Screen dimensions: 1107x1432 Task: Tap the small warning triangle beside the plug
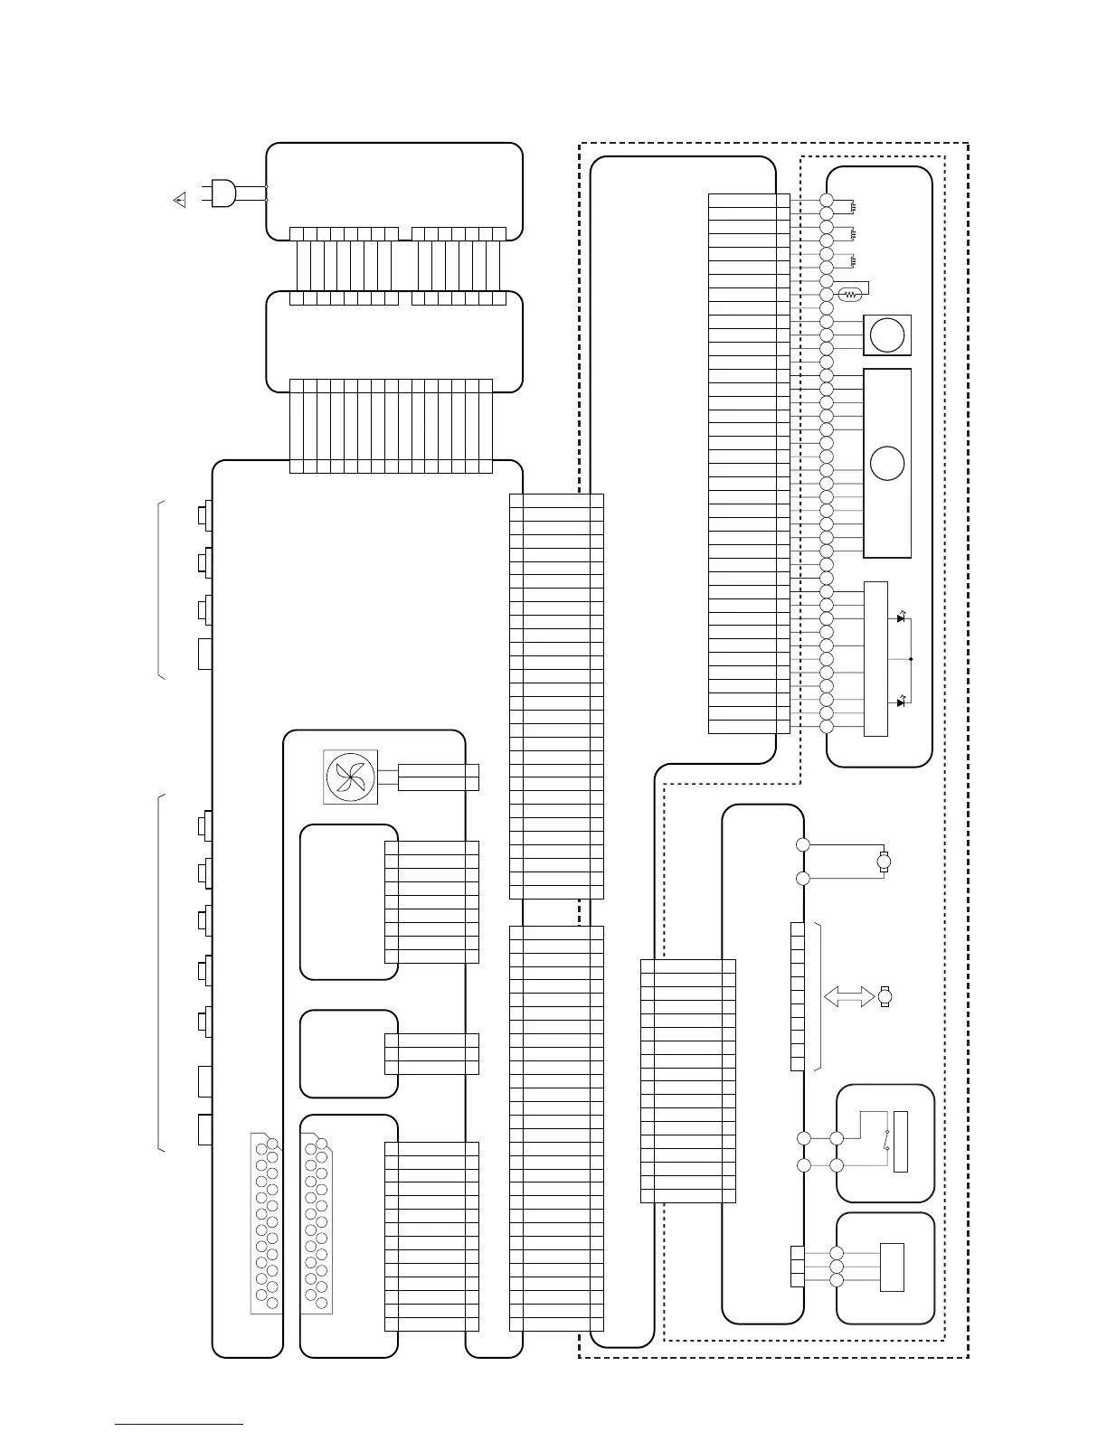pyautogui.click(x=179, y=200)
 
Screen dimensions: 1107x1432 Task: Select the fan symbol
pyautogui.click(x=350, y=777)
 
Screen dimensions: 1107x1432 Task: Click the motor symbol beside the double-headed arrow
pyautogui.click(x=885, y=996)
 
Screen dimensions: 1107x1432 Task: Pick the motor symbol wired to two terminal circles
pyautogui.click(x=885, y=861)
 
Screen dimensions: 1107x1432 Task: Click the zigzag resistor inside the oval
pyautogui.click(x=849, y=295)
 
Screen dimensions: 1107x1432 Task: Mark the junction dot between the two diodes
pyautogui.click(x=910, y=659)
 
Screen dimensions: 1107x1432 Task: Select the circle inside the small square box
pyautogui.click(x=887, y=335)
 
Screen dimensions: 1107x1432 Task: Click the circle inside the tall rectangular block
pyautogui.click(x=887, y=463)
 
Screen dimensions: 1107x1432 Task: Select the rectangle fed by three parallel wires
pyautogui.click(x=892, y=1267)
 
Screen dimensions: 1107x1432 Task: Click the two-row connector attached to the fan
pyautogui.click(x=438, y=777)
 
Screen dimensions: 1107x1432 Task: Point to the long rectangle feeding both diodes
pyautogui.click(x=875, y=658)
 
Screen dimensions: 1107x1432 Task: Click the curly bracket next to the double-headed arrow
pyautogui.click(x=818, y=996)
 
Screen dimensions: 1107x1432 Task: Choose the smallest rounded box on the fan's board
pyautogui.click(x=348, y=1053)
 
